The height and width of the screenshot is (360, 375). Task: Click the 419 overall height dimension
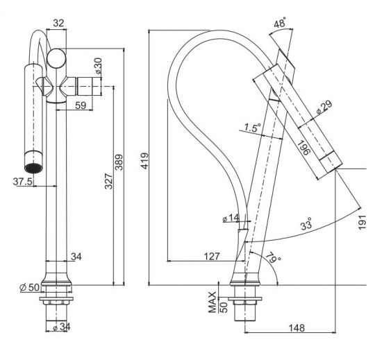(x=144, y=161)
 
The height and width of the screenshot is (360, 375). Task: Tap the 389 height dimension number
(x=119, y=162)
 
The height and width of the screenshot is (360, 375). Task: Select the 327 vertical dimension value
(x=108, y=181)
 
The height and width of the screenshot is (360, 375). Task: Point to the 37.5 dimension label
(x=22, y=182)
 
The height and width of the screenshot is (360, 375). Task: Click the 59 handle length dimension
(x=81, y=105)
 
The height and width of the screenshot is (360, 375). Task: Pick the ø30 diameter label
(x=98, y=66)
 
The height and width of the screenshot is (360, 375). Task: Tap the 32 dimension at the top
(x=58, y=23)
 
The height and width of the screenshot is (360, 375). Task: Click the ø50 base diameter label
(x=29, y=287)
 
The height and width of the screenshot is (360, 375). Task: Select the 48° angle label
(x=280, y=23)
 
